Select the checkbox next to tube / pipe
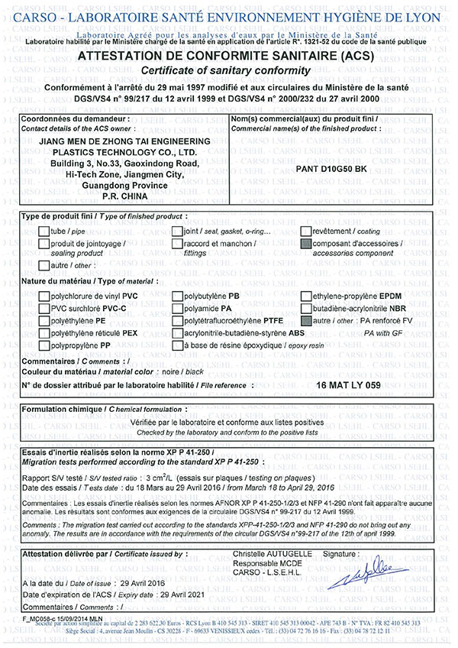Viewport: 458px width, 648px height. (44, 231)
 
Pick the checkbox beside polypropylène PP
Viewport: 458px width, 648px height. (44, 345)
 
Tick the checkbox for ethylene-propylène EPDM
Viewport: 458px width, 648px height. (306, 295)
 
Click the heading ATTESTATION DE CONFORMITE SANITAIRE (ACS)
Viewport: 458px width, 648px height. (228, 57)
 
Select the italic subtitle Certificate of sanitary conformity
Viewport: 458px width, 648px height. (228, 70)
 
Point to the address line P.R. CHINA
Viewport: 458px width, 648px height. (123, 197)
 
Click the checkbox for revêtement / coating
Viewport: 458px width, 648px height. (306, 231)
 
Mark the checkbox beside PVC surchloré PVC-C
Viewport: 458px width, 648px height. (44, 307)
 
